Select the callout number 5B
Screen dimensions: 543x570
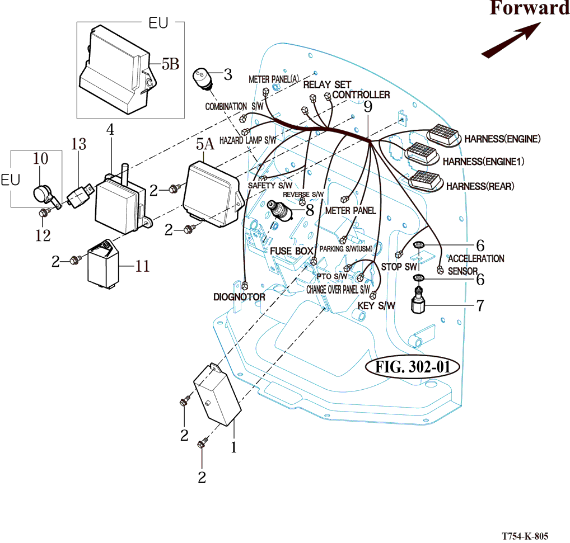[x=170, y=64]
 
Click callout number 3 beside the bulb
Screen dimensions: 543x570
[x=227, y=73]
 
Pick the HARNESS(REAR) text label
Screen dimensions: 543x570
[x=480, y=186]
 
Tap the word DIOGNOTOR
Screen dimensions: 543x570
[x=239, y=297]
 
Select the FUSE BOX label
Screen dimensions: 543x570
[x=291, y=251]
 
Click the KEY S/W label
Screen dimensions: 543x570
[x=376, y=305]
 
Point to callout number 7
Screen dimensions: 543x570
[x=480, y=305]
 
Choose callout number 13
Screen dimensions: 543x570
[x=78, y=144]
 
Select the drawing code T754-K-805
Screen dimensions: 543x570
[x=524, y=535]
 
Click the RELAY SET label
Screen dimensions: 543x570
[x=327, y=84]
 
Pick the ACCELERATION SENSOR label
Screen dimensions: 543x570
[x=476, y=265]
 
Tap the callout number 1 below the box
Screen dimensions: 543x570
[x=234, y=447]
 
